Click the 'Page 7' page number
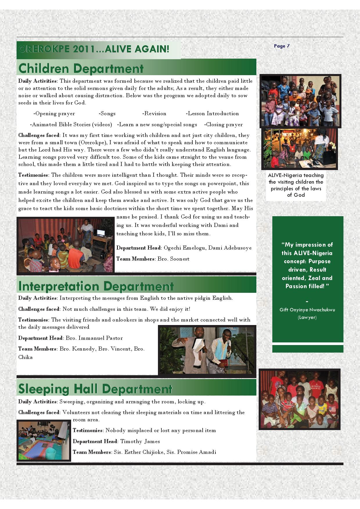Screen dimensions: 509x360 [282, 46]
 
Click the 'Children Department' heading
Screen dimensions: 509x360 [81, 68]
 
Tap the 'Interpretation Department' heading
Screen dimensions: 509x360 [96, 286]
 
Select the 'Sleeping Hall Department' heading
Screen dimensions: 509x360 [95, 389]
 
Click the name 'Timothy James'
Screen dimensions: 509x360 [140, 441]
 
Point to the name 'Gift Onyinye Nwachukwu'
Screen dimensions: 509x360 [307, 310]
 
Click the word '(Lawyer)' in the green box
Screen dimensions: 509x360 [307, 317]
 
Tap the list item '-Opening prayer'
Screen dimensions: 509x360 [54, 113]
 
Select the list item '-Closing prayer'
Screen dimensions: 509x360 [223, 124]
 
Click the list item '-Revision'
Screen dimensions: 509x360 [154, 113]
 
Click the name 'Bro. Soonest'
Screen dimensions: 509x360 [173, 259]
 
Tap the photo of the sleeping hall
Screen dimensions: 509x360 [44, 441]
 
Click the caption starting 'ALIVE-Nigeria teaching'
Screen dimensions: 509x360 [296, 185]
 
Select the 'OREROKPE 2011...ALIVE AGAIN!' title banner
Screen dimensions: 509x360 [94, 49]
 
